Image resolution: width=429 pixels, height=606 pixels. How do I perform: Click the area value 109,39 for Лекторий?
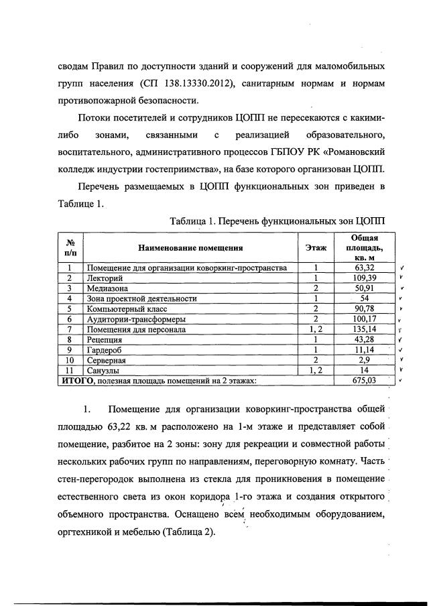[x=365, y=278]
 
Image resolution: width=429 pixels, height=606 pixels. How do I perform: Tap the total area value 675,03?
[x=365, y=380]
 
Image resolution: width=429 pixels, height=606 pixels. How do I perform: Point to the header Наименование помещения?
[x=190, y=248]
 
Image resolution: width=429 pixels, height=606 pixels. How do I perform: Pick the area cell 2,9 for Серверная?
[x=365, y=360]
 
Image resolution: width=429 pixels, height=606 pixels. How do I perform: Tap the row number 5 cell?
[x=69, y=308]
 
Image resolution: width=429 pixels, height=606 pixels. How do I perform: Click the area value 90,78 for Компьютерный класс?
[x=365, y=308]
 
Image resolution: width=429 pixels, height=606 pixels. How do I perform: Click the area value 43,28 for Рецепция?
[x=365, y=339]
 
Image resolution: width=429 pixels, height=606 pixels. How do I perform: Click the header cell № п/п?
[x=69, y=248]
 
